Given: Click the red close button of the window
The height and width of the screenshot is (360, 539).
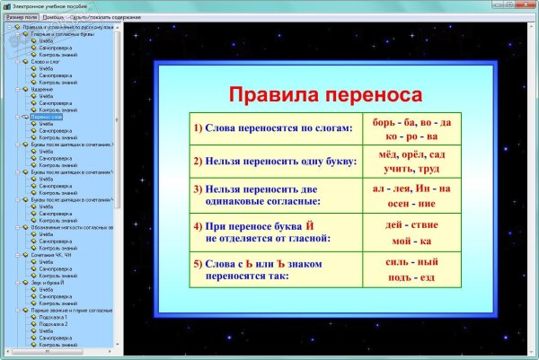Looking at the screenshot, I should [x=525, y=5].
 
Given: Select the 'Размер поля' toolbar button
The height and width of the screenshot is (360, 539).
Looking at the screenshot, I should [x=21, y=17].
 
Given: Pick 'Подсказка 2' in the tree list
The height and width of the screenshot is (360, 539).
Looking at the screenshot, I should [x=55, y=324].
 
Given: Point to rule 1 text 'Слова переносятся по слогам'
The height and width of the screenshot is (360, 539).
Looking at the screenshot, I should [x=272, y=128].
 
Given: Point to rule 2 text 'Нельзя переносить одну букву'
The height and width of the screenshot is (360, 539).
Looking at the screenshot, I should [x=274, y=161].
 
